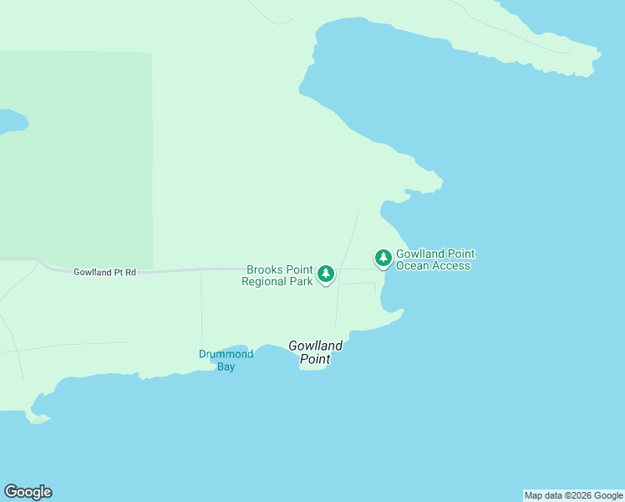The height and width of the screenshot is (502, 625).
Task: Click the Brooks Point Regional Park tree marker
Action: (326, 273)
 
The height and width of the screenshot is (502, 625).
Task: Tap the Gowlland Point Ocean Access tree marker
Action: (384, 258)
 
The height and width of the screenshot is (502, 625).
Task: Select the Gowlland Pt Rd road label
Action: (104, 272)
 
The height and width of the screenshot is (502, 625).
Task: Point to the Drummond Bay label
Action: (226, 360)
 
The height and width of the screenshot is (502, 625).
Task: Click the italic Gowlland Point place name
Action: (315, 351)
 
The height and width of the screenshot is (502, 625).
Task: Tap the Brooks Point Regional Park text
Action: (279, 275)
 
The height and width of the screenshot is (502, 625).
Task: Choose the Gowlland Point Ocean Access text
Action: (434, 259)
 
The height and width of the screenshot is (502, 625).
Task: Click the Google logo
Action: (28, 492)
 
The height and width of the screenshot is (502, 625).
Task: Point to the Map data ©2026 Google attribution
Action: (573, 495)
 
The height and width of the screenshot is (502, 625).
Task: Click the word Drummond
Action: (226, 354)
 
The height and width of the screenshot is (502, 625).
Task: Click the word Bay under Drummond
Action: (226, 366)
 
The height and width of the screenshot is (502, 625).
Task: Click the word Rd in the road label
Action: (130, 272)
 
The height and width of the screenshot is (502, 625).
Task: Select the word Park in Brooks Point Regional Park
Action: (301, 281)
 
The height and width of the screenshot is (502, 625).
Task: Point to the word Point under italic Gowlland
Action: (315, 359)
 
